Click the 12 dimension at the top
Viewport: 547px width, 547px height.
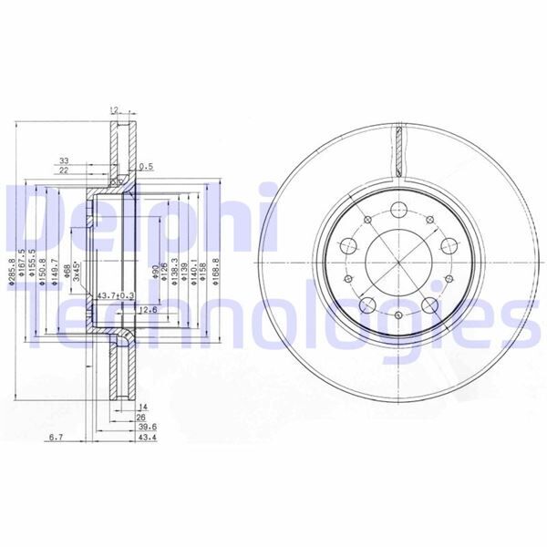click(114, 109)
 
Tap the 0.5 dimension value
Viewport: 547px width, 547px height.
click(145, 167)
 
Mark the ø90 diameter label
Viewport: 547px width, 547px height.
click(155, 274)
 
